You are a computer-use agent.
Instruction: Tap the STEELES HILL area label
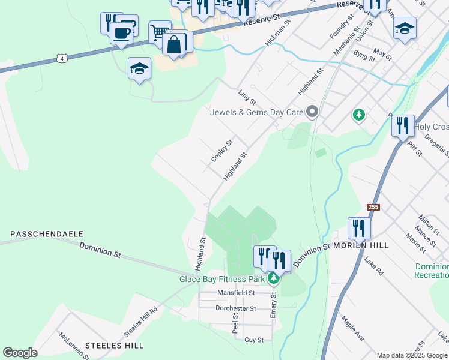[114, 346]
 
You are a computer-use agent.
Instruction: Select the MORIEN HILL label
[361, 245]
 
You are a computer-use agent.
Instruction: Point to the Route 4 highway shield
[61, 58]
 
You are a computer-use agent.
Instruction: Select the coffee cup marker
[122, 33]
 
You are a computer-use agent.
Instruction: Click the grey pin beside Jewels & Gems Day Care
[312, 112]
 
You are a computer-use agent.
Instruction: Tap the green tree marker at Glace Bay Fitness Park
[274, 278]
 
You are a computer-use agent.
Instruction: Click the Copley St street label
[221, 151]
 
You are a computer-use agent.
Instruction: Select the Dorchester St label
[235, 308]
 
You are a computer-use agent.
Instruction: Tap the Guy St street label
[254, 340]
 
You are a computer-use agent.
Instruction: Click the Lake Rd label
[373, 266]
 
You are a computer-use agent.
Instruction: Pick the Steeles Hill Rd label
[140, 322]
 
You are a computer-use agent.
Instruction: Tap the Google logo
[20, 353]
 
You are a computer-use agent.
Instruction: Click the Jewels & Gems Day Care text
[257, 112]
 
